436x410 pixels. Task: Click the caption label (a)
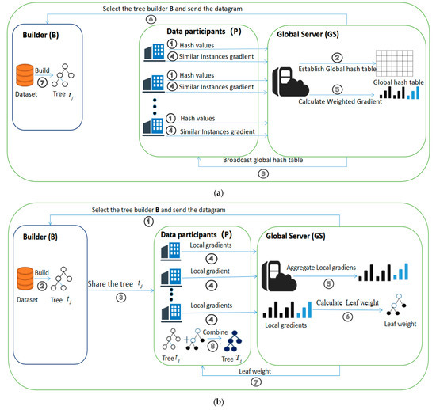click(218, 191)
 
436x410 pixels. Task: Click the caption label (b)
click(218, 401)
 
